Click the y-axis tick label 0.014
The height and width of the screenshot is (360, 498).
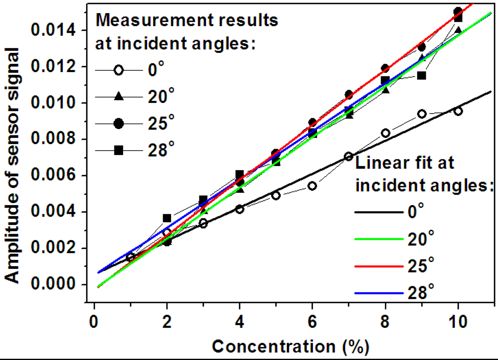(53, 30)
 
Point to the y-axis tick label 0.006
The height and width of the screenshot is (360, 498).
(53, 175)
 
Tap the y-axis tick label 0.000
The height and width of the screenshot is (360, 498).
(53, 284)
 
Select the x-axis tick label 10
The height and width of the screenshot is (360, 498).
(458, 321)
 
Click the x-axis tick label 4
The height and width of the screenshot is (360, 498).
(239, 321)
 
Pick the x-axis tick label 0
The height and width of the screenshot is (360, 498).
(94, 321)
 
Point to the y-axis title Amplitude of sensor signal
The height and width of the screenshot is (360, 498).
(12, 166)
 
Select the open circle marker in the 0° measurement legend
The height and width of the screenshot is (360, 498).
(118, 70)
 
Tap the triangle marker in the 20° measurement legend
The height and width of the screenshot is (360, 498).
(118, 96)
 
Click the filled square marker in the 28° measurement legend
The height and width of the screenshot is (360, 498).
(118, 150)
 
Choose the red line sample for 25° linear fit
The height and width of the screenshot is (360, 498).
(379, 266)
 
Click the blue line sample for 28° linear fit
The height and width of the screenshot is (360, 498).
(379, 293)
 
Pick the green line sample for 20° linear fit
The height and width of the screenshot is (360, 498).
(379, 239)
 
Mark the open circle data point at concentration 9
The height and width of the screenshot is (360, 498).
(422, 114)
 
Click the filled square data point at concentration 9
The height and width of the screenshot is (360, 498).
(422, 76)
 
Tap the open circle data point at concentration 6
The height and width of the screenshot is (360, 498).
(312, 186)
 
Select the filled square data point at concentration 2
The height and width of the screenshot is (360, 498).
(167, 218)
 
